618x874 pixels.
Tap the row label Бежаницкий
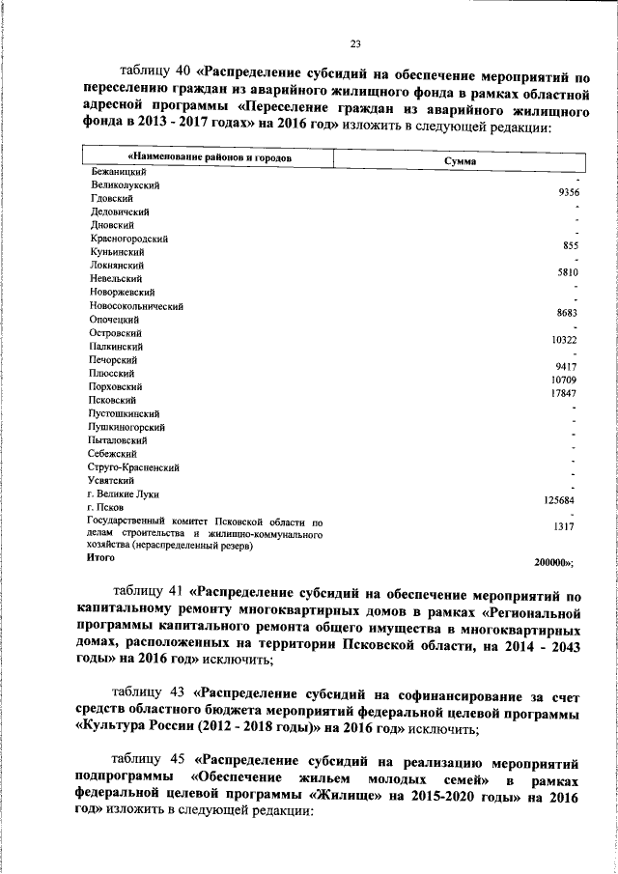(115, 171)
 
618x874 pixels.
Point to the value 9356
(562, 192)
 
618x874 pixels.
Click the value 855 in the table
(568, 245)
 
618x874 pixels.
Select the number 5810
(564, 272)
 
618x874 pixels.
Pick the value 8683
(564, 313)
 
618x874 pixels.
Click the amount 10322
(562, 340)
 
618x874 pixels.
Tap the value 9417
(564, 367)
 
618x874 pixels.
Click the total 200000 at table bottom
(553, 560)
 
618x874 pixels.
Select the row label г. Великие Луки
(123, 493)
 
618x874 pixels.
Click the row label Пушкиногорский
(126, 426)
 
